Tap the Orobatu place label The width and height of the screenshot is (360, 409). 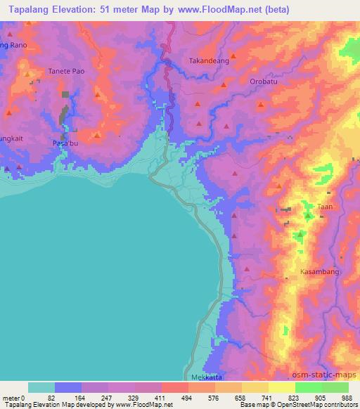(x=264, y=81)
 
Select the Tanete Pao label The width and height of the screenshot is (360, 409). (x=65, y=72)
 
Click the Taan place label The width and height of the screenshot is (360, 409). (x=324, y=207)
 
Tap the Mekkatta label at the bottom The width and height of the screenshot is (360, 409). (x=207, y=376)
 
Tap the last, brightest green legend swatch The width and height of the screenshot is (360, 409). (x=335, y=387)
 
